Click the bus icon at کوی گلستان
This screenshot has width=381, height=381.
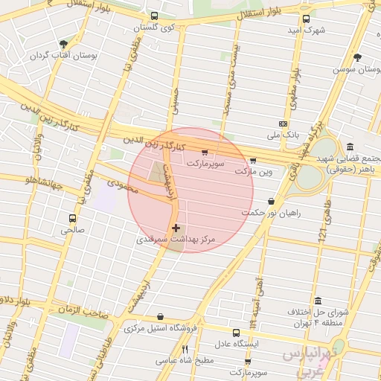[x=154, y=16]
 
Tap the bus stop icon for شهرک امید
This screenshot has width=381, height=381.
[x=306, y=19]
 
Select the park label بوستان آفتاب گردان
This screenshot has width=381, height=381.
[x=60, y=56]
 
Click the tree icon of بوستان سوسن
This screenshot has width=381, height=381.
[x=358, y=57]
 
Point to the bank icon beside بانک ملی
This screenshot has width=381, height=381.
[x=283, y=124]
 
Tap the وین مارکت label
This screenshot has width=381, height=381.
[x=254, y=171]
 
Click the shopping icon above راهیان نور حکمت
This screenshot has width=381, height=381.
[x=269, y=201]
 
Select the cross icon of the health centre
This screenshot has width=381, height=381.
[x=176, y=228]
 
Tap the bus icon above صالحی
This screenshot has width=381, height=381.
[x=72, y=219]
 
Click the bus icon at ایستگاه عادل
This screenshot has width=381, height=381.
[x=236, y=333]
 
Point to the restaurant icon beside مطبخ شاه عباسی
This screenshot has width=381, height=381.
[x=185, y=348]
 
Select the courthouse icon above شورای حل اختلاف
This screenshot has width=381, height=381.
[x=319, y=301]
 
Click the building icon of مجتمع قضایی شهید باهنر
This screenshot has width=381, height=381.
[x=350, y=147]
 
